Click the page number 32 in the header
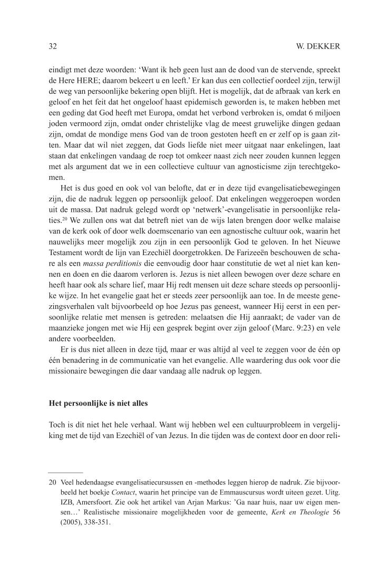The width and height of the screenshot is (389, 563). pos(53,46)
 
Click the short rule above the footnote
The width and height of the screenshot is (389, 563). pos(65,472)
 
